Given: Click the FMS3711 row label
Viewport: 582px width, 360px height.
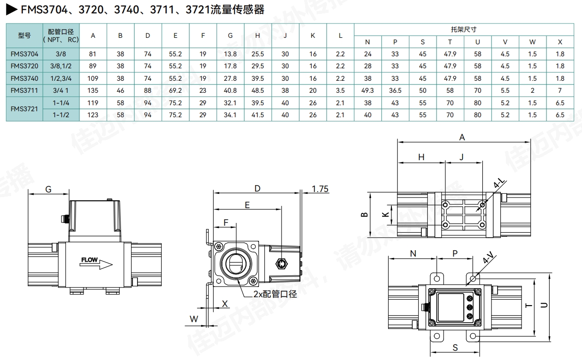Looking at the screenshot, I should pyautogui.click(x=24, y=90).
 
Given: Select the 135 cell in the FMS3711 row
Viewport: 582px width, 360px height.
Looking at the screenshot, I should pyautogui.click(x=93, y=90).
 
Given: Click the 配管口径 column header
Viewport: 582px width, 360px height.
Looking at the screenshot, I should pyautogui.click(x=61, y=36).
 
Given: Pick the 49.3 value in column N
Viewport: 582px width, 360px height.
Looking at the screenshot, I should pyautogui.click(x=368, y=90).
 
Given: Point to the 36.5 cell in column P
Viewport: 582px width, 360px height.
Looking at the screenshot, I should pyautogui.click(x=395, y=90).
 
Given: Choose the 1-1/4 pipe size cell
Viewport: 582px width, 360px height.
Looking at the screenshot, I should pyautogui.click(x=61, y=103).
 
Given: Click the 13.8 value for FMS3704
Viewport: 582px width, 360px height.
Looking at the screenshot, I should pyautogui.click(x=230, y=54).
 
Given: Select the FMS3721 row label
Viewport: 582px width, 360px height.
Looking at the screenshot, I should pyautogui.click(x=24, y=109).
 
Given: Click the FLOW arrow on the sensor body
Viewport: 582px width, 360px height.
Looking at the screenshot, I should pyautogui.click(x=97, y=262).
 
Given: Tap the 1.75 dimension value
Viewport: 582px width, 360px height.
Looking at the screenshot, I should pyautogui.click(x=320, y=189).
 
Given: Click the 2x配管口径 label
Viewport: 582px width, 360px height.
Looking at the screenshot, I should pyautogui.click(x=275, y=294).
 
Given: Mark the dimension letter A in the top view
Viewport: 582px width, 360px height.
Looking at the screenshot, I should pyautogui.click(x=462, y=137).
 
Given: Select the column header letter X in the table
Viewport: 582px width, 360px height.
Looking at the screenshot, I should pyautogui.click(x=560, y=42).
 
